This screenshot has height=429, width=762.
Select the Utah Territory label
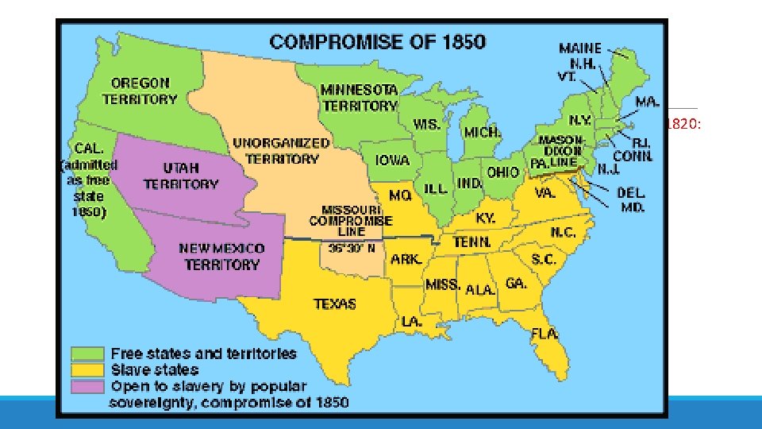pos(180,176)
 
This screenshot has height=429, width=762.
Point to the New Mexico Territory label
pos(221,256)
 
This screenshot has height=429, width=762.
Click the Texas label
pos(334,303)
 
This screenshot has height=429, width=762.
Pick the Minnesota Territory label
pos(359,98)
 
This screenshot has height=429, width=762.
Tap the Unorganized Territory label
pos(270,150)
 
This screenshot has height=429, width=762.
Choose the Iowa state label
pos(392,160)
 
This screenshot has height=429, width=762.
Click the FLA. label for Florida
pos(545,332)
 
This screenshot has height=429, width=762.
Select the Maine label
pos(580,48)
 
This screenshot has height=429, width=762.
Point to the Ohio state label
pos(503,172)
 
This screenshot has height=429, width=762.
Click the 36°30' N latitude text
pos(351,247)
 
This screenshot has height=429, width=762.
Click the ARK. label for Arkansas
pos(406,260)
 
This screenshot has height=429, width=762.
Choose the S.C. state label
pos(544,260)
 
